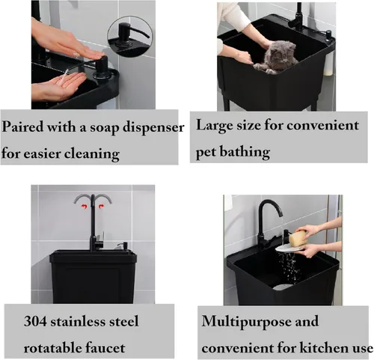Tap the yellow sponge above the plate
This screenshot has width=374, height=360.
(x=298, y=238)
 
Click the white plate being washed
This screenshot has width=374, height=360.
(x=289, y=248)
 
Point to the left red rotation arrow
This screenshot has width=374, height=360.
(x=85, y=206)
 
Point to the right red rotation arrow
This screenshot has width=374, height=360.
(x=101, y=206)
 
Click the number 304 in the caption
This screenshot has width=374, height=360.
(x=35, y=321)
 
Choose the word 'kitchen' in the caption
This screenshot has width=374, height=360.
(x=321, y=347)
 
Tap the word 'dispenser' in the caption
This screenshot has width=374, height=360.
(x=153, y=127)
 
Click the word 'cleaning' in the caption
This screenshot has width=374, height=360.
(x=92, y=154)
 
